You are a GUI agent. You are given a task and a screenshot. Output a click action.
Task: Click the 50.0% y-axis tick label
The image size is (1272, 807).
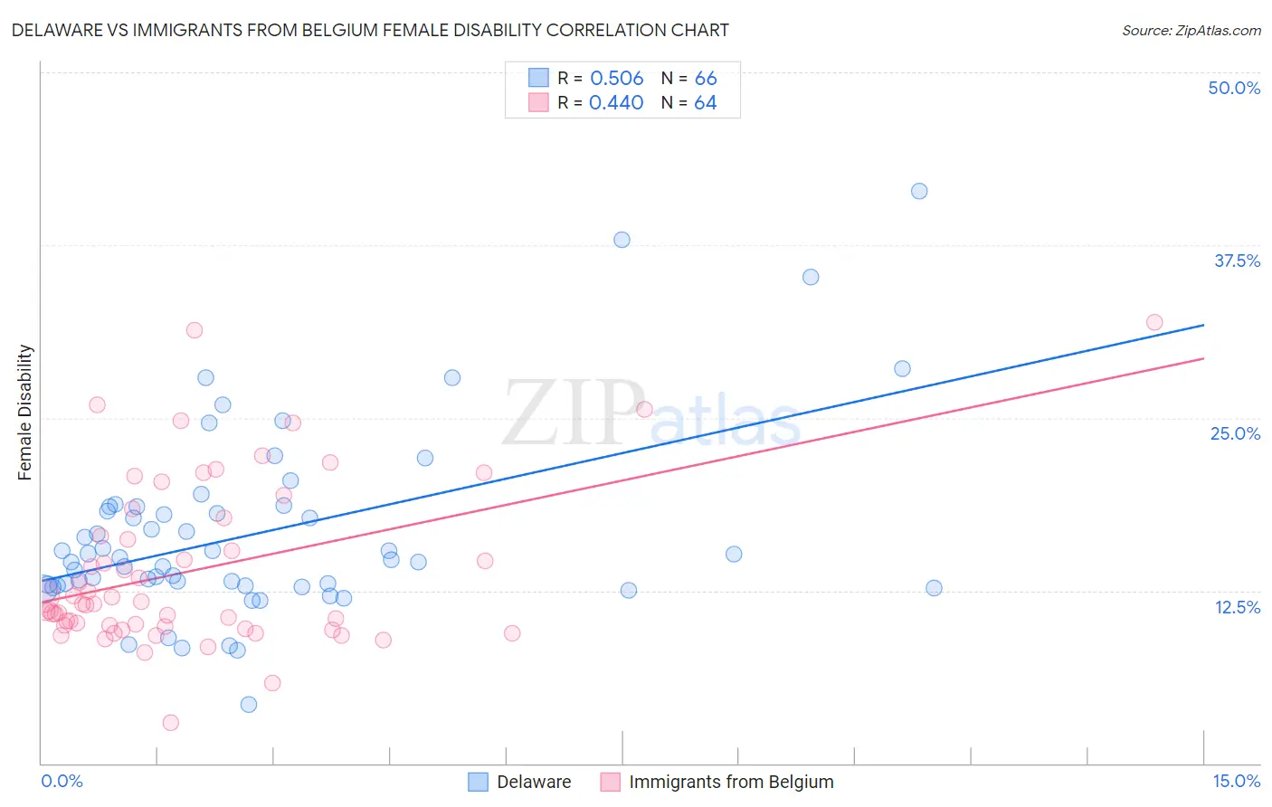point(1234,88)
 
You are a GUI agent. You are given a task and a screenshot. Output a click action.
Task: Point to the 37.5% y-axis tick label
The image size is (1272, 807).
point(1237,261)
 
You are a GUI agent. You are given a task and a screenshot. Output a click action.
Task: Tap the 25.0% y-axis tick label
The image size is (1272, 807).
point(1235,433)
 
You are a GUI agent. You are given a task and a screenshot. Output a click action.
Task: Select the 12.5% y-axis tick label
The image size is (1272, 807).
point(1237,607)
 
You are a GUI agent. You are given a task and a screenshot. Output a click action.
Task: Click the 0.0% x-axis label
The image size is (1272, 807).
point(62,781)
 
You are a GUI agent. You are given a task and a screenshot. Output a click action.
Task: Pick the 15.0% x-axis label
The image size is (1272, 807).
point(1236,781)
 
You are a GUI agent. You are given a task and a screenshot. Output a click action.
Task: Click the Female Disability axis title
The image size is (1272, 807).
point(25,413)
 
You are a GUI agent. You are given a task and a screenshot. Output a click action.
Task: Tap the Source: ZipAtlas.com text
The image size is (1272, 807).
point(1191,30)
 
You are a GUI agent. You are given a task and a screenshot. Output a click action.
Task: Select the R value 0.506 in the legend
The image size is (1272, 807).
point(616,78)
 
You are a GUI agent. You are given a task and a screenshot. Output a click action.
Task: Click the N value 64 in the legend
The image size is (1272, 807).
point(705,102)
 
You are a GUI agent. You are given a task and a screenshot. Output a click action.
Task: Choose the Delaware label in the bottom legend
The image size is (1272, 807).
point(534,782)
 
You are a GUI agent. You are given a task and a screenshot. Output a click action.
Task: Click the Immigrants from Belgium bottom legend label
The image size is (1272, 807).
point(731,782)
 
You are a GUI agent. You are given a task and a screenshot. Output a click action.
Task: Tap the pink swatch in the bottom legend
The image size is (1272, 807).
point(610,782)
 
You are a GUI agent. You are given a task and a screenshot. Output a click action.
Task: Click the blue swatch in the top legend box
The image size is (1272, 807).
point(538,78)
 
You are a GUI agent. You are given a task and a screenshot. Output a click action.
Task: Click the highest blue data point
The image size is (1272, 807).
point(919,191)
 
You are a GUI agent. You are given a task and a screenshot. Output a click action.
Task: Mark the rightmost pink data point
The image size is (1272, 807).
point(1154,322)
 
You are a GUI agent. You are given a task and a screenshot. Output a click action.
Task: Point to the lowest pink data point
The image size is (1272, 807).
point(170,722)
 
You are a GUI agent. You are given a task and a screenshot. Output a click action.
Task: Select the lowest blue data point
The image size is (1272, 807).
point(249,704)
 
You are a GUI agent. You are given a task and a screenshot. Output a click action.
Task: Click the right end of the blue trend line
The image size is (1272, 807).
point(1203,325)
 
